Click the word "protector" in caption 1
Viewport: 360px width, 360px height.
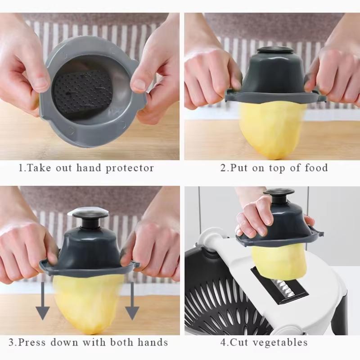[130, 169]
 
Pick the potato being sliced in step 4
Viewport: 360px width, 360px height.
[279, 261]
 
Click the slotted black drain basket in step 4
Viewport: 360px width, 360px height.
[220, 306]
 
